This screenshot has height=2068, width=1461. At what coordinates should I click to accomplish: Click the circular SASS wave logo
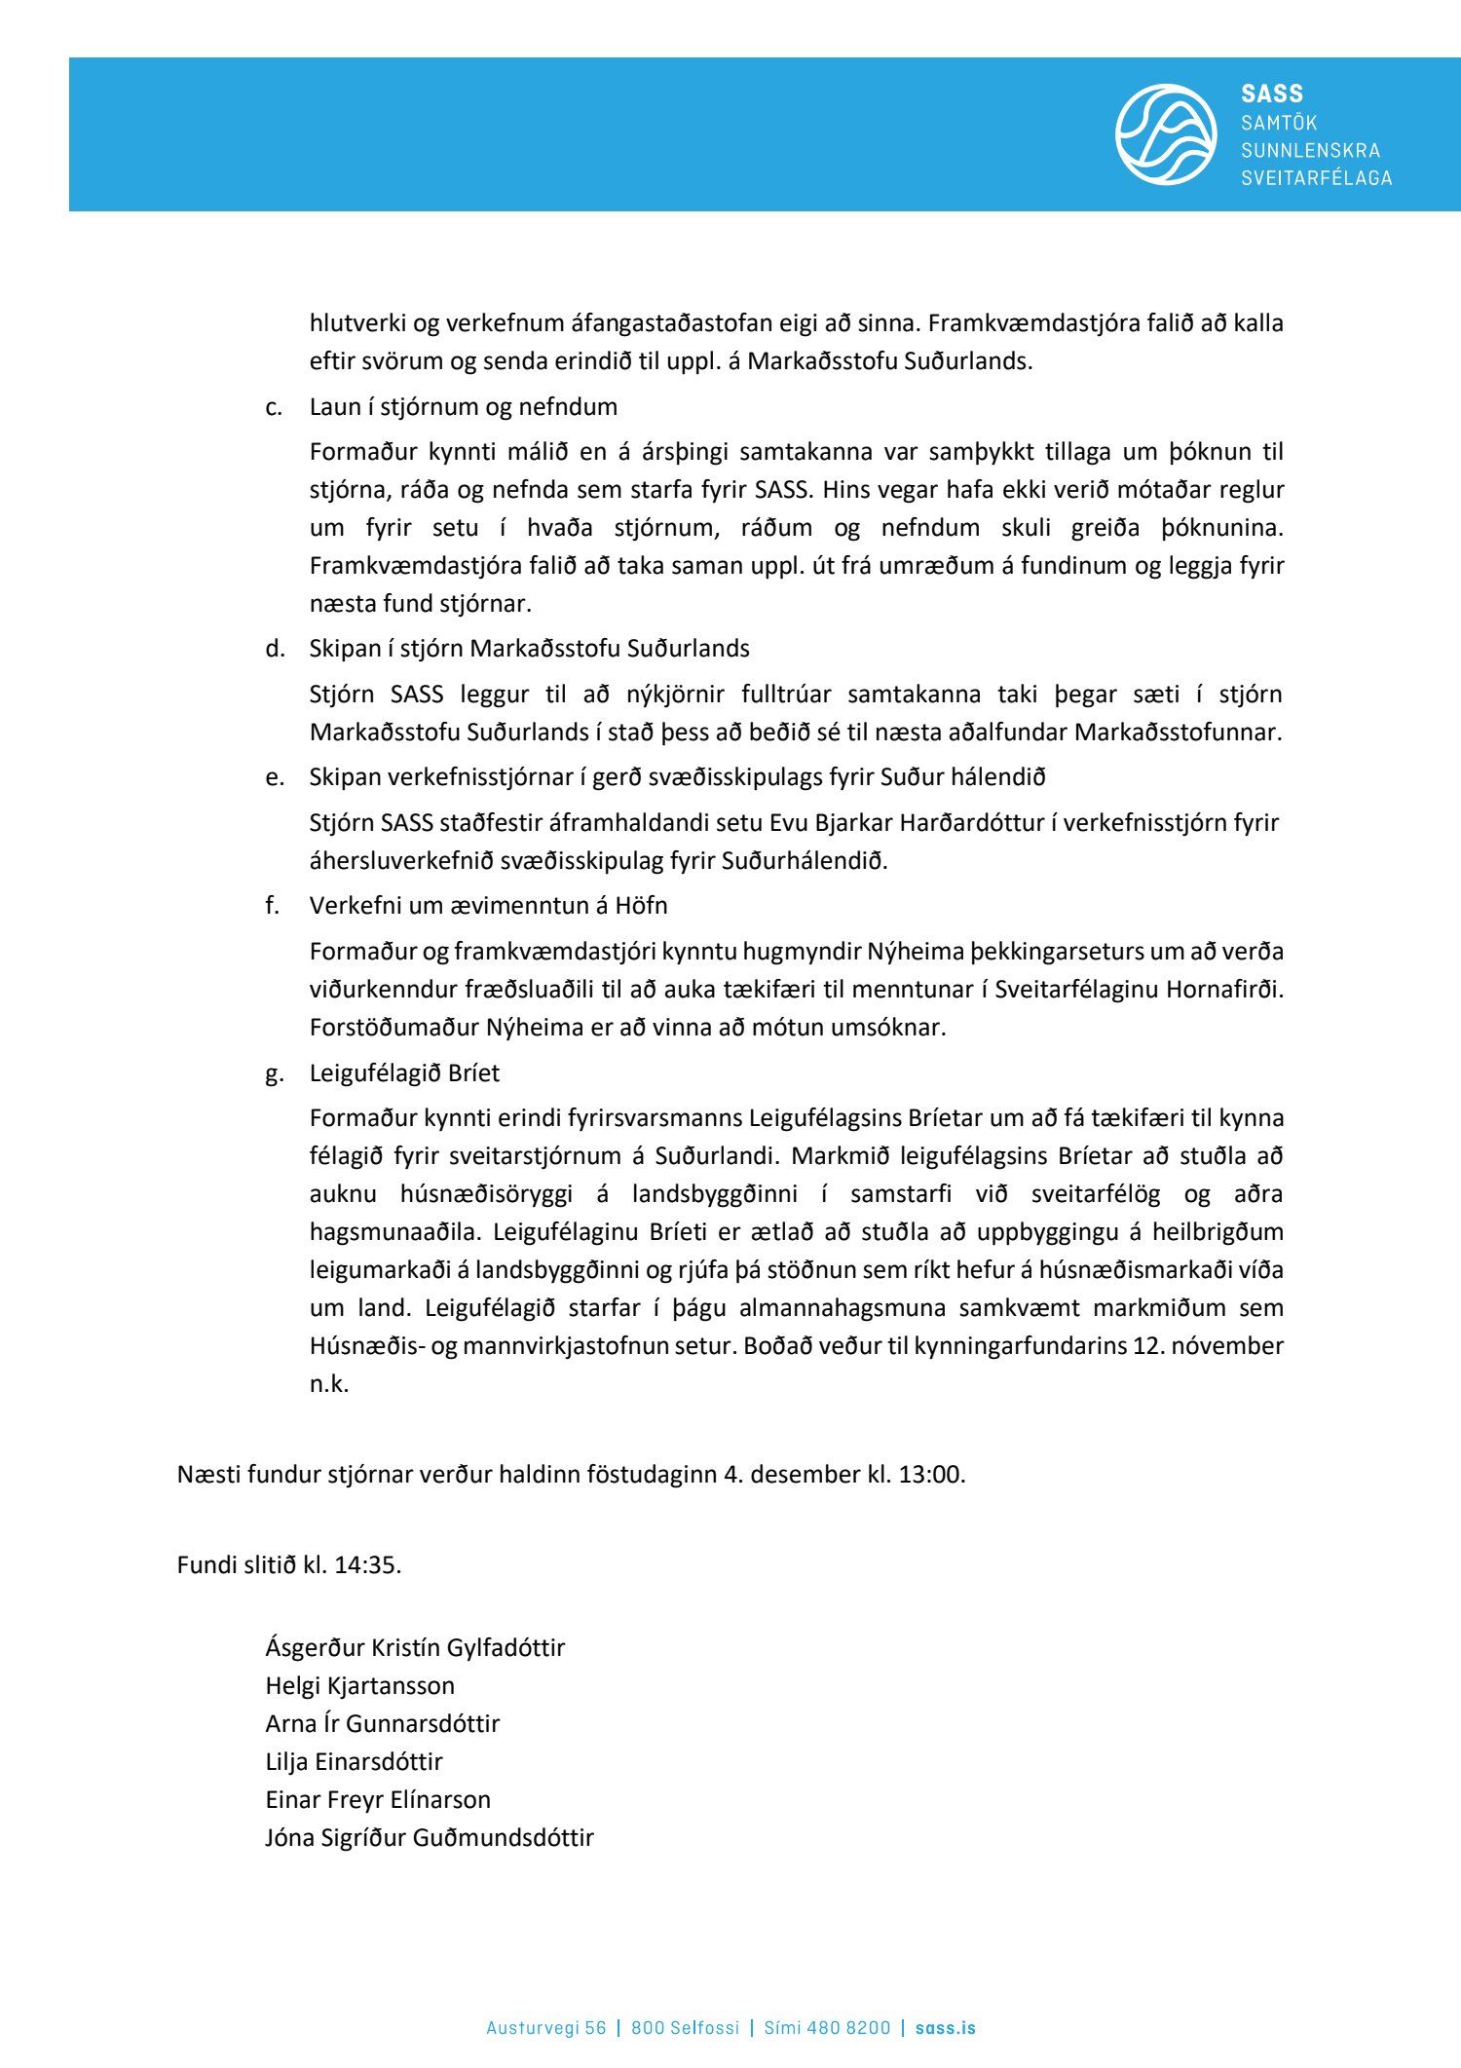[x=1165, y=134]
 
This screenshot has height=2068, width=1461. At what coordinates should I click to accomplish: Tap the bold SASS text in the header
[x=1272, y=94]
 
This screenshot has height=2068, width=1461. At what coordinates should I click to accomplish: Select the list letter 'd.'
[x=275, y=649]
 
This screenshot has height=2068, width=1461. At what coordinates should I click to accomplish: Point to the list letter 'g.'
[x=275, y=1073]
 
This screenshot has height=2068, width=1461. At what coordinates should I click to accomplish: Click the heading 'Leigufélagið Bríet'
[x=404, y=1072]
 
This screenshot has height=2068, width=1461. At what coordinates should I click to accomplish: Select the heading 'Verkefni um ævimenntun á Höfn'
[x=488, y=905]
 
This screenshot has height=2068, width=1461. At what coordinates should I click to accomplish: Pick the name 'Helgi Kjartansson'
[x=359, y=1685]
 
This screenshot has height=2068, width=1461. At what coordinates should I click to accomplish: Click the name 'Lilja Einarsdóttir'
[x=354, y=1761]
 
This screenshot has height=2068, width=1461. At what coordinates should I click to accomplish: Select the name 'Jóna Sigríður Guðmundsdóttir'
[x=429, y=1837]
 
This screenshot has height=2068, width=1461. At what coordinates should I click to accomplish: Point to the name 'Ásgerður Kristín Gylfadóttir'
[x=415, y=1647]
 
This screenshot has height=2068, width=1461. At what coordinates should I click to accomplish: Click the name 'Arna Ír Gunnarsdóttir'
[x=382, y=1723]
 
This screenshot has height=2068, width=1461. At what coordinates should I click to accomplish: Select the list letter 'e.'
[x=275, y=777]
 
